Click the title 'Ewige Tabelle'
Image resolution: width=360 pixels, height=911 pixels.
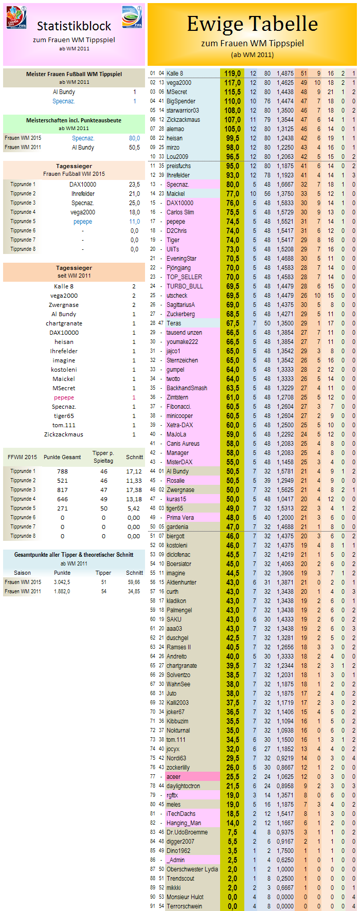pos(252,24)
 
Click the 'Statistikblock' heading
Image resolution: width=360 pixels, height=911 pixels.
pos(74,26)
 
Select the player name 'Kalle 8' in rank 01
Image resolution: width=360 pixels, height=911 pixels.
pos(175,74)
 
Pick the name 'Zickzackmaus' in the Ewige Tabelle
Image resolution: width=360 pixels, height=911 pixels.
pos(183,120)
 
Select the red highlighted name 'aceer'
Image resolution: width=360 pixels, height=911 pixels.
pos(173,777)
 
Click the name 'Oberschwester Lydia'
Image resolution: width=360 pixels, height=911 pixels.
pos(192,869)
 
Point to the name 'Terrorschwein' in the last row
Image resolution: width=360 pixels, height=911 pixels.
pos(184,906)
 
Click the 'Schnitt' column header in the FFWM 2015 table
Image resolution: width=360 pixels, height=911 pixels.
pos(134,457)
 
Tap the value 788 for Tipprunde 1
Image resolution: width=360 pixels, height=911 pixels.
pos(62,471)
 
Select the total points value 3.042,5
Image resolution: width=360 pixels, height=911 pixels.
pos(62,582)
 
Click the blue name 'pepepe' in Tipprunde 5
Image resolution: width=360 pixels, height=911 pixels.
pos(83,222)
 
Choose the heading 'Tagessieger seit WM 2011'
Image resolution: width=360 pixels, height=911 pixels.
pos(74,271)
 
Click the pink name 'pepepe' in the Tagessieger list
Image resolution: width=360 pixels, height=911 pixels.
pos(64,397)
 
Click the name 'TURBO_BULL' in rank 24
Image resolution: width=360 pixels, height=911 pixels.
pos(185,286)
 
